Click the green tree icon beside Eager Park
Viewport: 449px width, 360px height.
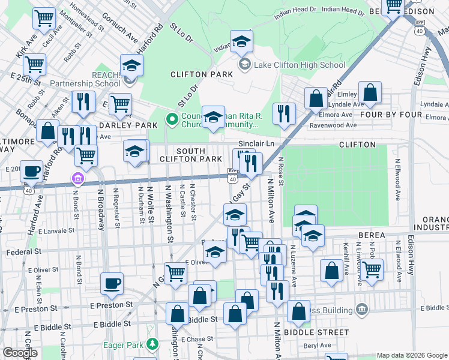click(x=153, y=344)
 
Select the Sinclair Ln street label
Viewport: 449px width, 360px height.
click(x=256, y=144)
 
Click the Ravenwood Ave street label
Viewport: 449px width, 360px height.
click(x=338, y=125)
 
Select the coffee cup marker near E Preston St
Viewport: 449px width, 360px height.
click(x=112, y=284)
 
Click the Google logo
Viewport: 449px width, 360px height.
click(x=20, y=353)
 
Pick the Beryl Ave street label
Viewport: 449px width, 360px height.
click(x=317, y=345)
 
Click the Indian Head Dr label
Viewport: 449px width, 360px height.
click(x=295, y=10)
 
